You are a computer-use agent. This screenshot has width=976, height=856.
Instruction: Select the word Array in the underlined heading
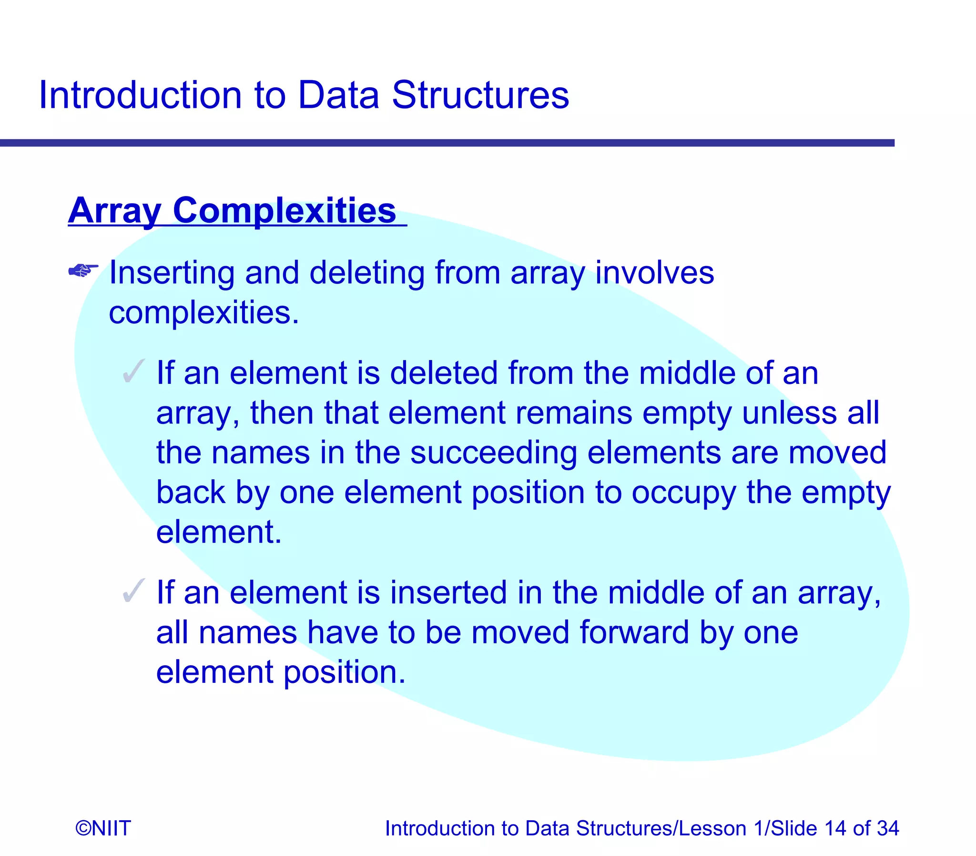click(114, 211)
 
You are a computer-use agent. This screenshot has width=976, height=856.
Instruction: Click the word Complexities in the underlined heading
click(285, 211)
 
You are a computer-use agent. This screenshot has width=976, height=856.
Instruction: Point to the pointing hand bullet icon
click(83, 271)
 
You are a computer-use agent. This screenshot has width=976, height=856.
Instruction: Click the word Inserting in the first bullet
click(172, 273)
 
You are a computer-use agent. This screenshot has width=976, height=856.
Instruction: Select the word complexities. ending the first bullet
click(204, 313)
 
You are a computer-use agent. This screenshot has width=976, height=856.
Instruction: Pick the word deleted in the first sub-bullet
click(444, 373)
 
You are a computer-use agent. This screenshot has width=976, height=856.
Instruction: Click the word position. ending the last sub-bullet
click(344, 672)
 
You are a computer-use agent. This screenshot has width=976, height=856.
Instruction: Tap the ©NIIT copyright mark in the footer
click(103, 828)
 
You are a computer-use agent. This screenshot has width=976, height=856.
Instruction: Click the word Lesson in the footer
click(712, 828)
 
